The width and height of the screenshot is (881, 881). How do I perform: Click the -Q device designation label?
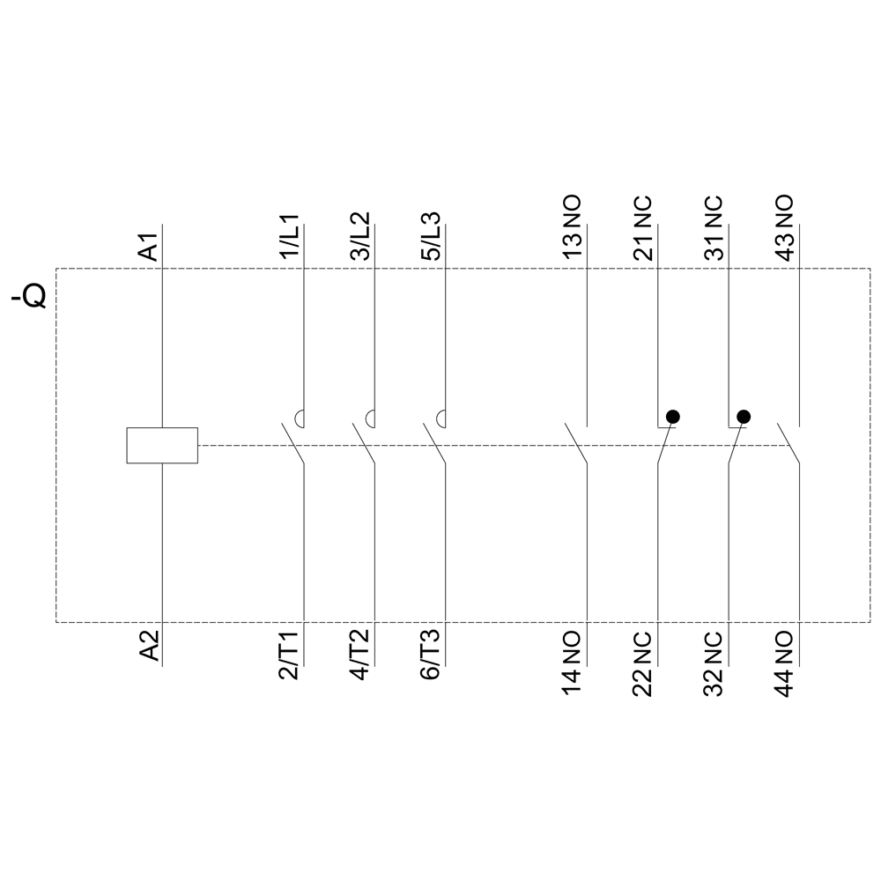29,296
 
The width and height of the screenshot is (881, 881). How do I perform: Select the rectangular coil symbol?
162,446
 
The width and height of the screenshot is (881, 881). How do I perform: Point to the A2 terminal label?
149,645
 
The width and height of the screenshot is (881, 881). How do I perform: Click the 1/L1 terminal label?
291,236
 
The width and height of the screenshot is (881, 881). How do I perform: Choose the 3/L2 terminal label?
361,236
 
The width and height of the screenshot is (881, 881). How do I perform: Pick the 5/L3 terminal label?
432,236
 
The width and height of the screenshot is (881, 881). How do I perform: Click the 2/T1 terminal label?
291,655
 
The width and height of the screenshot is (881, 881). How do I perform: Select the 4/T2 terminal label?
361,655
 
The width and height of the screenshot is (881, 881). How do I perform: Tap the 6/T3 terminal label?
432,655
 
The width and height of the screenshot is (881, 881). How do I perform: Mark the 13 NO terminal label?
574,227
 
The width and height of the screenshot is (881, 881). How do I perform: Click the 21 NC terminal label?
644,227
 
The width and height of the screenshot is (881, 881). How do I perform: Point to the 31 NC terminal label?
714,227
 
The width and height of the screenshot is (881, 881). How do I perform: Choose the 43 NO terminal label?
786,227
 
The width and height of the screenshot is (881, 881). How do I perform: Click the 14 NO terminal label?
574,663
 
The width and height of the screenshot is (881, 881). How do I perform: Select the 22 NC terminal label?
644,663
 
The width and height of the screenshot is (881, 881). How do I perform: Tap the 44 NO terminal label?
786,663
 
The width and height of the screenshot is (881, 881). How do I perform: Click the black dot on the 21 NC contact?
672,417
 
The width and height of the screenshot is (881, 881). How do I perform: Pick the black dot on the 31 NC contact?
744,417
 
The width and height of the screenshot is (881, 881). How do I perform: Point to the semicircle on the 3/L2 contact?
370,418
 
